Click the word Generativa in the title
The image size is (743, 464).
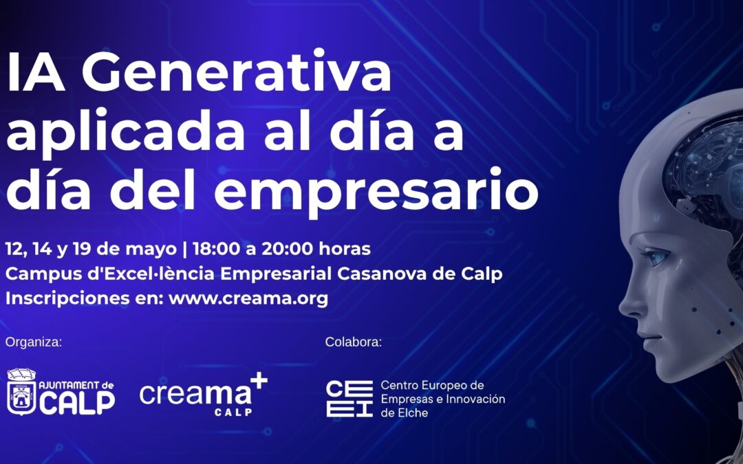coord(237,74)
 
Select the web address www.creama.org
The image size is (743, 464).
coord(248,299)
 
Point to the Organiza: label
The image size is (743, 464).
coord(33,342)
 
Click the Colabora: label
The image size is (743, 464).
coord(353,342)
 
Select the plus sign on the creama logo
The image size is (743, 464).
coord(257,383)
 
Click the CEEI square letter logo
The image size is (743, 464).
coord(349,398)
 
